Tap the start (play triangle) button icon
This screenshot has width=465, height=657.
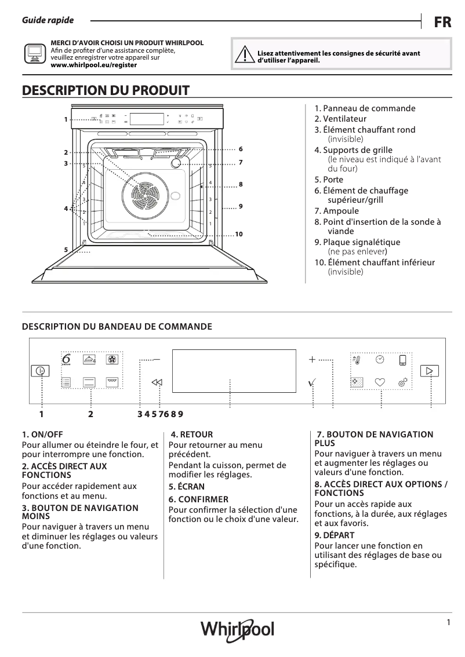(429, 371)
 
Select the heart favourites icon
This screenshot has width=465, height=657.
(380, 382)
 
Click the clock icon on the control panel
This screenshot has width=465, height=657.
(380, 360)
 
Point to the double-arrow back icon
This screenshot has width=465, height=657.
(157, 382)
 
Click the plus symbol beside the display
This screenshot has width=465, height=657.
(312, 360)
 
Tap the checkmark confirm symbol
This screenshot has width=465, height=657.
(312, 382)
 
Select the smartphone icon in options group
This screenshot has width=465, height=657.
(402, 360)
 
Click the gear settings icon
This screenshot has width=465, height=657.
(402, 382)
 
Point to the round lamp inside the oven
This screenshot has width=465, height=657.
(176, 164)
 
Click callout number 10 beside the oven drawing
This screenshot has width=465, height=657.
(238, 235)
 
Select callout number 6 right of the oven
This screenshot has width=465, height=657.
(240, 149)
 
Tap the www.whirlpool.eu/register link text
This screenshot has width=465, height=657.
(94, 65)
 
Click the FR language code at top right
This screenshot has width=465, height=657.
(442, 22)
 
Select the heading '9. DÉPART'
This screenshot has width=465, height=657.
(335, 535)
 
